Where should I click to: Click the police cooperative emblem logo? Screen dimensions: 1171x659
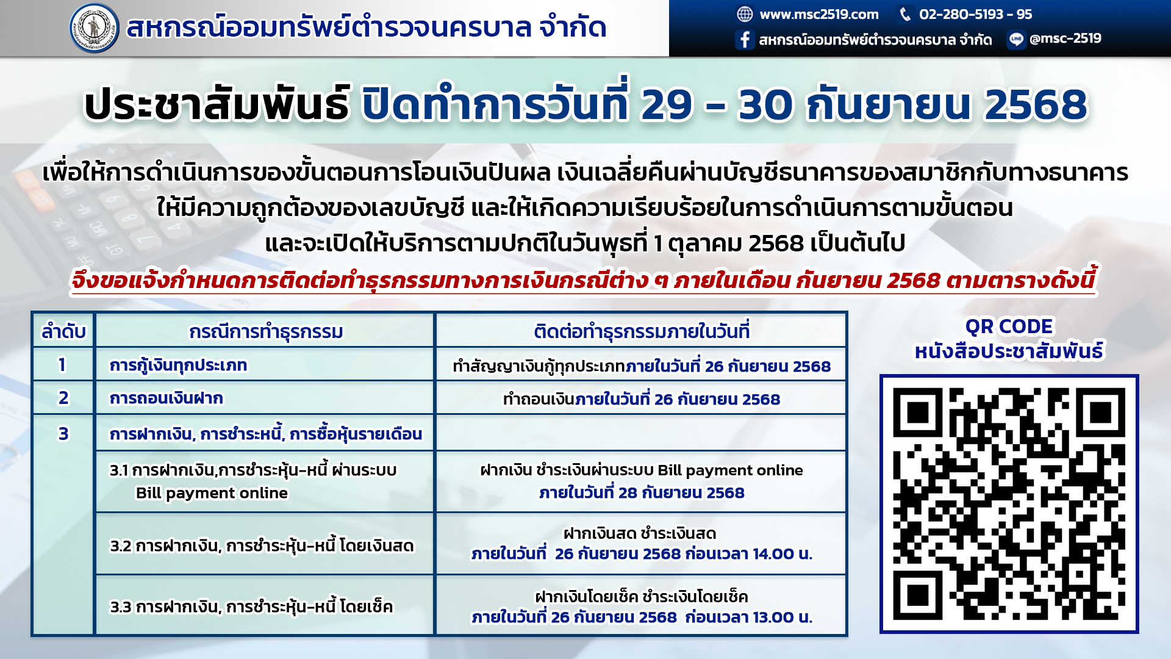pyautogui.click(x=94, y=28)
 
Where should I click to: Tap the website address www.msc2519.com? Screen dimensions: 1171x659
pyautogui.click(x=818, y=14)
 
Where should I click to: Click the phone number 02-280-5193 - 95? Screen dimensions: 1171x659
pyautogui.click(x=975, y=14)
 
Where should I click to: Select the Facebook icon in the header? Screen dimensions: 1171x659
pyautogui.click(x=745, y=40)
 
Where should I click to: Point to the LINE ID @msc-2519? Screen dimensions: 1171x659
pyautogui.click(x=1065, y=38)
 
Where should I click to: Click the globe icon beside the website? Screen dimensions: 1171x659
pyautogui.click(x=745, y=14)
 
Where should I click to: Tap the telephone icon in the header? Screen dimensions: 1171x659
pyautogui.click(x=905, y=14)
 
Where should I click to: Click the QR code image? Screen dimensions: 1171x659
pyautogui.click(x=1009, y=504)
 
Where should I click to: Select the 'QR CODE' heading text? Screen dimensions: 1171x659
pyautogui.click(x=1009, y=326)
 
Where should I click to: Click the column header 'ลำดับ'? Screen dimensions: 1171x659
pyautogui.click(x=63, y=331)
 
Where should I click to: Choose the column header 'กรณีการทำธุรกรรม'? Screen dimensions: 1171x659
pyautogui.click(x=266, y=331)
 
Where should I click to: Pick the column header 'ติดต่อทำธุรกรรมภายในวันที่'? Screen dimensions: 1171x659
pyautogui.click(x=641, y=331)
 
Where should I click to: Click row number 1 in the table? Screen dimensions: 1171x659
pyautogui.click(x=62, y=365)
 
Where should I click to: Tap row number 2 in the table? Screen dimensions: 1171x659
pyautogui.click(x=63, y=398)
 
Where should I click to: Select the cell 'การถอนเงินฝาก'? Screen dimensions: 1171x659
pyautogui.click(x=166, y=398)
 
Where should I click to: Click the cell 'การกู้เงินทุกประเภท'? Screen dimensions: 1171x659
pyautogui.click(x=178, y=365)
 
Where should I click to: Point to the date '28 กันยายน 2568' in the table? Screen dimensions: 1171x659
pyautogui.click(x=681, y=492)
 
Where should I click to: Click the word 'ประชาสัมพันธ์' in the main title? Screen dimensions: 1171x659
pyautogui.click(x=217, y=104)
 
